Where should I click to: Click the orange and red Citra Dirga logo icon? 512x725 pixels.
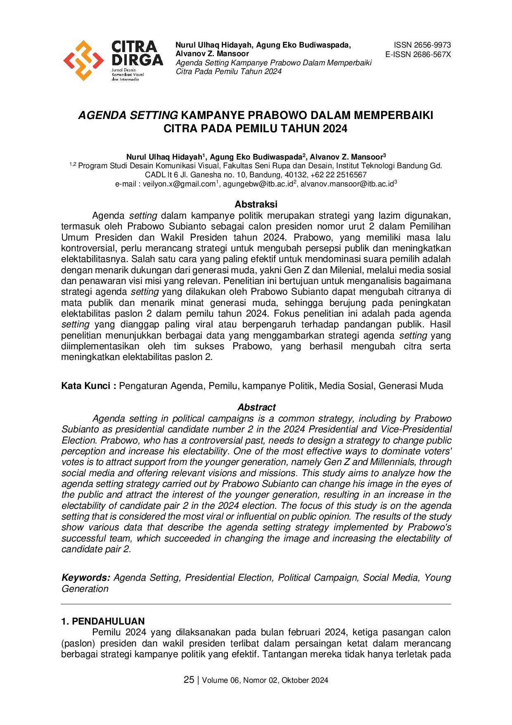point(83,60)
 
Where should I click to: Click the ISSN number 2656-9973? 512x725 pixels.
point(422,45)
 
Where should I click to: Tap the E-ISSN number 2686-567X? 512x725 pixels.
point(418,54)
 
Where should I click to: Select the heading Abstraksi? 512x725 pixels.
point(256,204)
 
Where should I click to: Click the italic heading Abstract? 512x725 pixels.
point(256,407)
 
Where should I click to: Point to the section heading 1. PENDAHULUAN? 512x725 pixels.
point(103,621)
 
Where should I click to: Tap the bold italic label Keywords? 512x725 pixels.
point(86,577)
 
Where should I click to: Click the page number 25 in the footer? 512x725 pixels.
point(189,680)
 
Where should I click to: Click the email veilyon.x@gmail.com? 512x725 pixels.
point(179,184)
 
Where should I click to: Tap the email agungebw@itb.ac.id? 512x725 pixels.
point(258,184)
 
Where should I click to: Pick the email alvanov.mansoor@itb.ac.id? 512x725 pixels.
point(347,184)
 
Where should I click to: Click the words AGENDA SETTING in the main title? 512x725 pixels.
point(128,115)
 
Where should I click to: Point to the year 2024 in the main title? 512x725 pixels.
point(335,129)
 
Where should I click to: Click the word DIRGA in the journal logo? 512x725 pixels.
point(137,60)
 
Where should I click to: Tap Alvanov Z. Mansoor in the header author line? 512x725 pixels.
point(212,54)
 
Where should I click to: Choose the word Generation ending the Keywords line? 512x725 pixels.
point(85,589)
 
